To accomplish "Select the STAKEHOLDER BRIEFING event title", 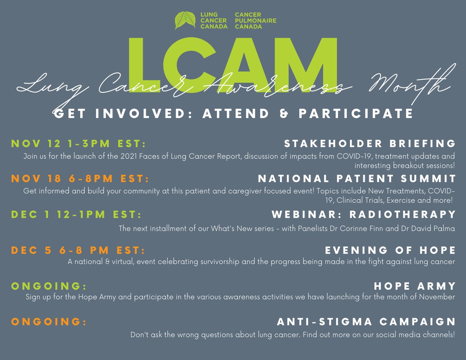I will (370, 144).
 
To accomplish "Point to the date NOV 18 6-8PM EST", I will (80, 179).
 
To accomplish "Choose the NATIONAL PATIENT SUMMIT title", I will (356, 179).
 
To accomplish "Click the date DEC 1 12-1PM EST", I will (77, 214).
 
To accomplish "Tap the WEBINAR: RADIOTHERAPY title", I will (363, 214).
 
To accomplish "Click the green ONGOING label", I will (49, 286).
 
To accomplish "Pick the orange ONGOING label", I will (49, 322).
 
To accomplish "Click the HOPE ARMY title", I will (415, 286).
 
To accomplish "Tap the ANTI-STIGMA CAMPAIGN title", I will (366, 322).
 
